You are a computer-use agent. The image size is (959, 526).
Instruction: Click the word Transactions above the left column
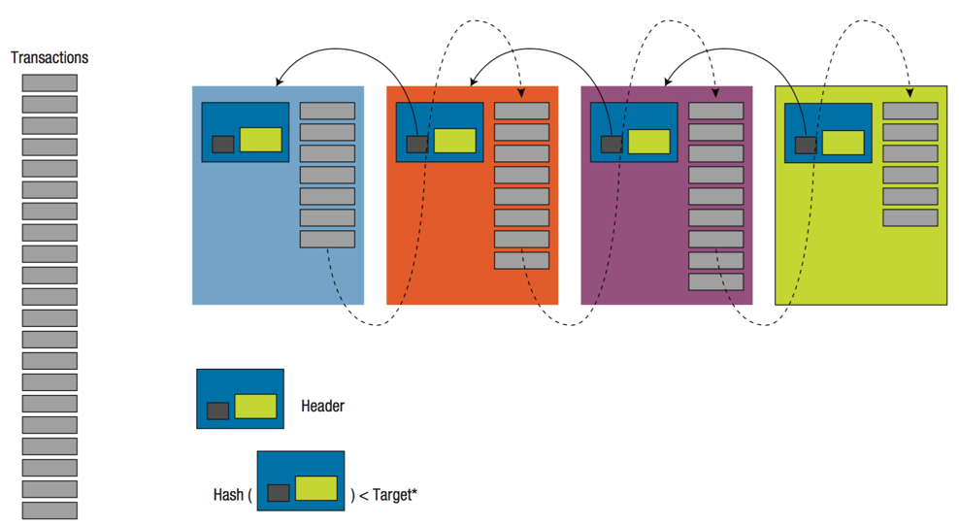50,58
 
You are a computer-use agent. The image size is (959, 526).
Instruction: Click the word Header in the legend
322,406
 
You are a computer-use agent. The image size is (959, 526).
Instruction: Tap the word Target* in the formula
395,495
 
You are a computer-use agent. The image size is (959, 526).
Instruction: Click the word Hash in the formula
228,495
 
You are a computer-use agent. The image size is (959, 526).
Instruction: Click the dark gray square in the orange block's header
416,145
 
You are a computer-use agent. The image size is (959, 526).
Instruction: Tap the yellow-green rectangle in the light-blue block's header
261,140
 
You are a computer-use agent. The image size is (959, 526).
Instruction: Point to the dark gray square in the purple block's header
612,145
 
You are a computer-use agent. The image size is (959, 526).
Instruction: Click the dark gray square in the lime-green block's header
806,145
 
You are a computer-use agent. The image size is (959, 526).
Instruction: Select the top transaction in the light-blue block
327,111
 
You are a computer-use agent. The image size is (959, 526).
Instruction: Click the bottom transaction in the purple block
716,281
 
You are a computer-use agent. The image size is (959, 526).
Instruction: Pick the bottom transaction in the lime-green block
910,217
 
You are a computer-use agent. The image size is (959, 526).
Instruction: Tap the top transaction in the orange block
522,111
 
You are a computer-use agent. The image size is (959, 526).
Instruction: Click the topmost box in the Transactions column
50,83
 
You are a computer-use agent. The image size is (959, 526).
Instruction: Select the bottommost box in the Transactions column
50,510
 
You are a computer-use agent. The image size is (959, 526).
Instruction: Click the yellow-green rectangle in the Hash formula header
316,488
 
